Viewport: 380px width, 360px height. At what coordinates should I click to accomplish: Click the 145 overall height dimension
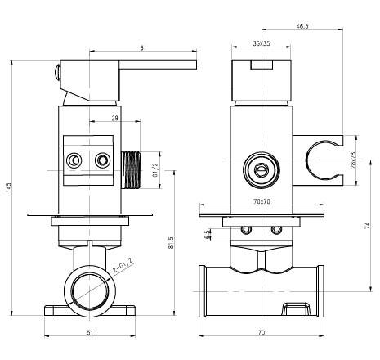9,187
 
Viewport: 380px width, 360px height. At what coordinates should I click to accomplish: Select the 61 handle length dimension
143,48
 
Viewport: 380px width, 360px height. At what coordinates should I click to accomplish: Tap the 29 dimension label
115,118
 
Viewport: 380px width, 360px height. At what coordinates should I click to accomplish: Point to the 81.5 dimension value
171,242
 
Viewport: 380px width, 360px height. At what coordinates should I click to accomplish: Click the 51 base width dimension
90,332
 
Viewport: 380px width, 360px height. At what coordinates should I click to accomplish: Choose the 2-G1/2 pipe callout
123,265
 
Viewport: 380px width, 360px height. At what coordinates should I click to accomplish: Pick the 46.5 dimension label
302,26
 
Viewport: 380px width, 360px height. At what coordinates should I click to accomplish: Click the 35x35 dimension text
262,43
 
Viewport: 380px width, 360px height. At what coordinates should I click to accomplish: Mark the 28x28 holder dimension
354,160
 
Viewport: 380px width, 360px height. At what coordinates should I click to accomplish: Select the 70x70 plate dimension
262,201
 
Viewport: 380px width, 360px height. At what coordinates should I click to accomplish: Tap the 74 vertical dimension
368,226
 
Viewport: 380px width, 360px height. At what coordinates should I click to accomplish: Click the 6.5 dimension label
208,234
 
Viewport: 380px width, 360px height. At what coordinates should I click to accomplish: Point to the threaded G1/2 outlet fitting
131,170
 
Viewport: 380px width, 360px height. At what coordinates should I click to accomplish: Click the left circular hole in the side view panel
74,160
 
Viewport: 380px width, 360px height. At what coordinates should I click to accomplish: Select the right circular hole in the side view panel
103,160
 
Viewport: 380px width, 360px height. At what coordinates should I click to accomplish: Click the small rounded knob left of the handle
57,73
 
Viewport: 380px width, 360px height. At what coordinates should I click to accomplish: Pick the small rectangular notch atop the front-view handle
262,65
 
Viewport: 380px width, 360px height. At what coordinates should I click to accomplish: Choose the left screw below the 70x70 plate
247,230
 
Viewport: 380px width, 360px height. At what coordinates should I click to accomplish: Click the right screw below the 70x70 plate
276,230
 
